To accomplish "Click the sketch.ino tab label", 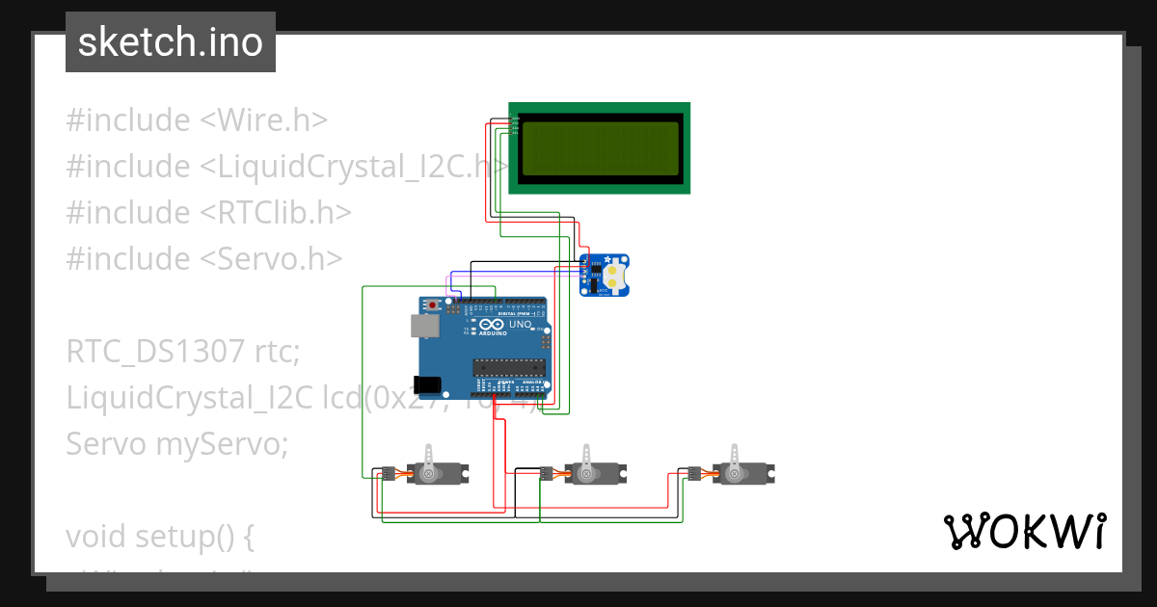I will click(171, 42).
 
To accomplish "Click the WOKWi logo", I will click(1023, 531).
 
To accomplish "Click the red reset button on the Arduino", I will click(433, 305).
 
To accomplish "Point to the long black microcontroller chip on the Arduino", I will click(508, 366).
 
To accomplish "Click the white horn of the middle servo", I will click(585, 458).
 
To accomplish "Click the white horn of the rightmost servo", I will click(737, 458).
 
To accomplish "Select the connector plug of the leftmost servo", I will click(387, 473).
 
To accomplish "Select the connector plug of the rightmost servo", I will click(692, 473).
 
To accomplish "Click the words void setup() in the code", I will click(160, 537).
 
